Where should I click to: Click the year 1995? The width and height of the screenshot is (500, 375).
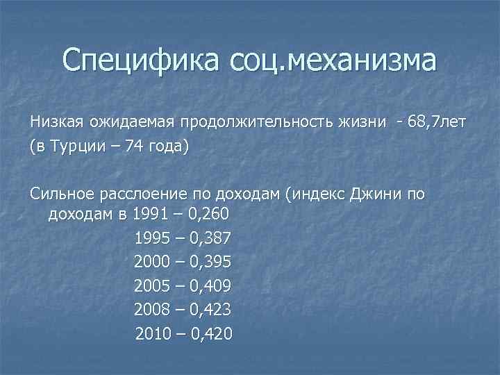coord(151,238)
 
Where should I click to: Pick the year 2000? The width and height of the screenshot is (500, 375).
coord(151,262)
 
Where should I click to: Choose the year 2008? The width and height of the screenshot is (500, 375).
coord(151,309)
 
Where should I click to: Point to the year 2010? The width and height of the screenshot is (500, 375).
coord(153,333)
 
